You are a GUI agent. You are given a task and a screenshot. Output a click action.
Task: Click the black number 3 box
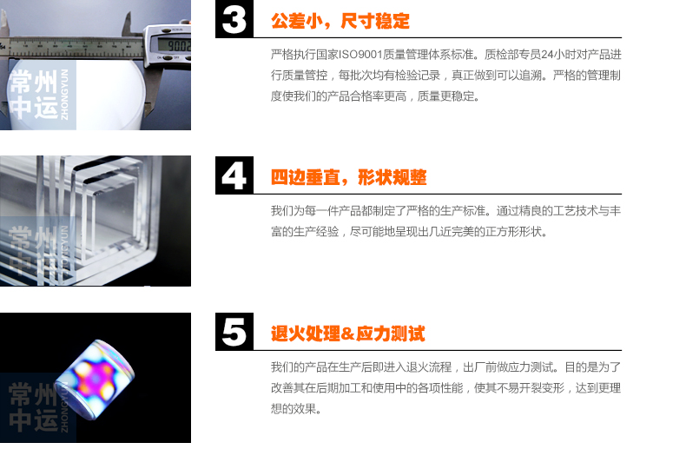234,19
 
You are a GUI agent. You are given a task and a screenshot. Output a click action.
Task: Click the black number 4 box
234,175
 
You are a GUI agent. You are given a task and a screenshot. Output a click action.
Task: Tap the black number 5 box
234,332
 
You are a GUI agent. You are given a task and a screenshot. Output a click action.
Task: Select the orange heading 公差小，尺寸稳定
340,21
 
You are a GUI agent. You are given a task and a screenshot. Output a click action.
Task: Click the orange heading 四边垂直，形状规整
348,177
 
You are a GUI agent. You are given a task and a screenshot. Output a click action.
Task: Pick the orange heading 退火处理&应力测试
348,334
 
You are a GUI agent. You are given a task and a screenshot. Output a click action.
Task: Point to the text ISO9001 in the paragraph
360,55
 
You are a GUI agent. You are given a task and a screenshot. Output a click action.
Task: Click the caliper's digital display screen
174,44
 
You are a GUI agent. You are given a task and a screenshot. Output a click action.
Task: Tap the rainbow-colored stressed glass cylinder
95,380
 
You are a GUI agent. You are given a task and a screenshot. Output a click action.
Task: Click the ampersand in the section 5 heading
347,334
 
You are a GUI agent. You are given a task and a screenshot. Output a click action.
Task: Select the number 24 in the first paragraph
547,55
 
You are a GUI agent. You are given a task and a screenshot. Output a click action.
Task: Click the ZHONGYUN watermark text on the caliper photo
64,95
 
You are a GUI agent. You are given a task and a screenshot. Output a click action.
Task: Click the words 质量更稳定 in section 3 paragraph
445,96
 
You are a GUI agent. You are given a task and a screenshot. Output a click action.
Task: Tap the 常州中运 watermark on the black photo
33,406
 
